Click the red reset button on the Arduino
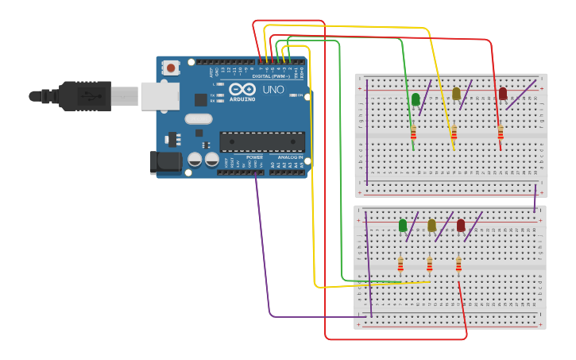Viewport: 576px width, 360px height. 171,68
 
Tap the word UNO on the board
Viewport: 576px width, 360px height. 273,90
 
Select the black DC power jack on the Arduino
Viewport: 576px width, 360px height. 165,162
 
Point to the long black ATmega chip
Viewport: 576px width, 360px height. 262,141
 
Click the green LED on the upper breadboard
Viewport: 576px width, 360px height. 416,99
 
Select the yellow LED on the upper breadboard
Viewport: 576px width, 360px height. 456,94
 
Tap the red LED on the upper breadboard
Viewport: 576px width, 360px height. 502,94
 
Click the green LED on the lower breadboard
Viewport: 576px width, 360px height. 403,226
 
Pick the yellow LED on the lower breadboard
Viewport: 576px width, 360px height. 431,226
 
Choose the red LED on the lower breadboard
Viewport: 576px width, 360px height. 461,226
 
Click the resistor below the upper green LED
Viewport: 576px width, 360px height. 413,132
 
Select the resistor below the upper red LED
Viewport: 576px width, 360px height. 500,132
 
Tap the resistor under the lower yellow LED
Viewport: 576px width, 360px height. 429,264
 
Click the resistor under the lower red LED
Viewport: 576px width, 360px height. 458,264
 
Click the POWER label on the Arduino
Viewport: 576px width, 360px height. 254,157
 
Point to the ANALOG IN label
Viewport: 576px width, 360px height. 289,157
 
